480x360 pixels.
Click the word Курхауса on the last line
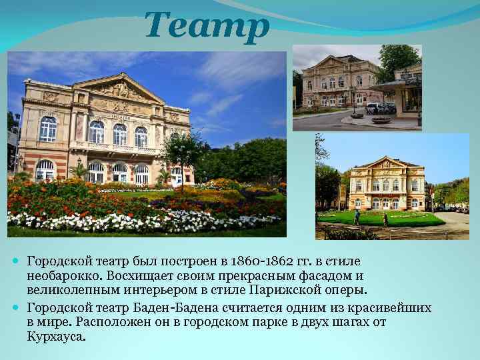pos(57,336)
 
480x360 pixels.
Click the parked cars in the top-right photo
pos(381,108)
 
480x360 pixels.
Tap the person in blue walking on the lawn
pos(357,217)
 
